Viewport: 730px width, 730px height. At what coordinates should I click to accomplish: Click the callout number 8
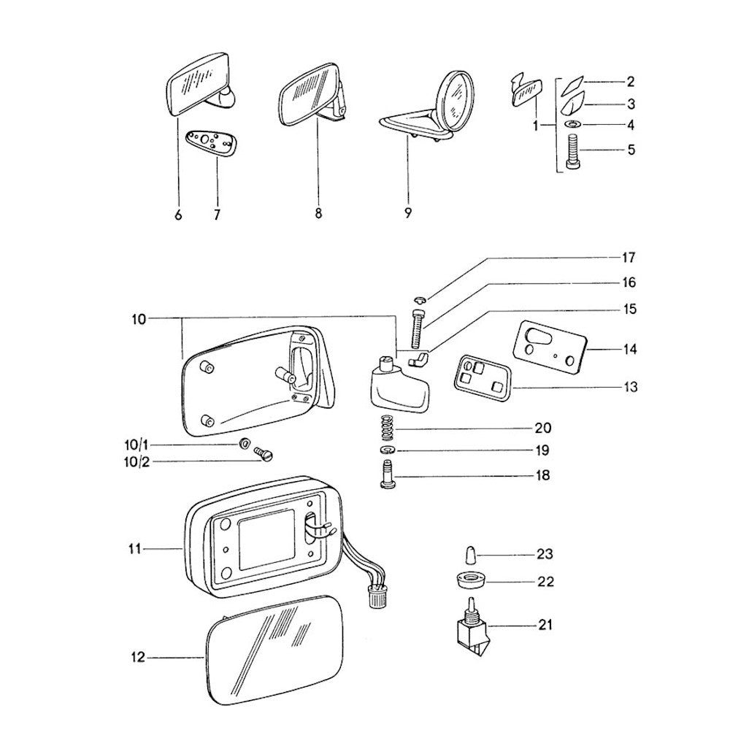tap(318, 213)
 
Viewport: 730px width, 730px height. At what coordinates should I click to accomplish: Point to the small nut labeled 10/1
tap(245, 444)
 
